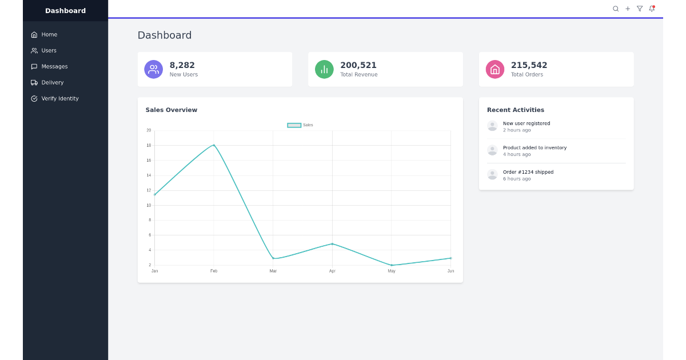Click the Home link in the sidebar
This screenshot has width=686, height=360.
[44, 35]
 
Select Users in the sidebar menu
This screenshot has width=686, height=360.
[43, 50]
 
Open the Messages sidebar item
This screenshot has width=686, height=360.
[49, 66]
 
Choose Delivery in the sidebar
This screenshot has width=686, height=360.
[47, 82]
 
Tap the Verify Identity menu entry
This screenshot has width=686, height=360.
[55, 98]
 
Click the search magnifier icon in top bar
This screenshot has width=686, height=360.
[616, 9]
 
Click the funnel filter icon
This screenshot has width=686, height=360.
[640, 9]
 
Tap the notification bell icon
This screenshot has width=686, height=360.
[652, 9]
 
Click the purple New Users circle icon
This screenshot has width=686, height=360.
[153, 69]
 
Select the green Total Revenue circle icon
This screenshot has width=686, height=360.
[324, 69]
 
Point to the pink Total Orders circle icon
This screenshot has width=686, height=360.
[495, 69]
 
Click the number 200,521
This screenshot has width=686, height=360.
[358, 65]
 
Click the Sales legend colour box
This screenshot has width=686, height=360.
[294, 125]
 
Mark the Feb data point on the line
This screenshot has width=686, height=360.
[214, 145]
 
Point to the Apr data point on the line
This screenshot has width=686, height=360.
[332, 244]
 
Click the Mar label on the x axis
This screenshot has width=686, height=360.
[273, 271]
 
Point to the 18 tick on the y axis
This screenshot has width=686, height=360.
[149, 145]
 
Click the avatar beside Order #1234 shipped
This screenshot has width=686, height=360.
[492, 175]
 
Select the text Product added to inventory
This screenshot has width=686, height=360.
[535, 147]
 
